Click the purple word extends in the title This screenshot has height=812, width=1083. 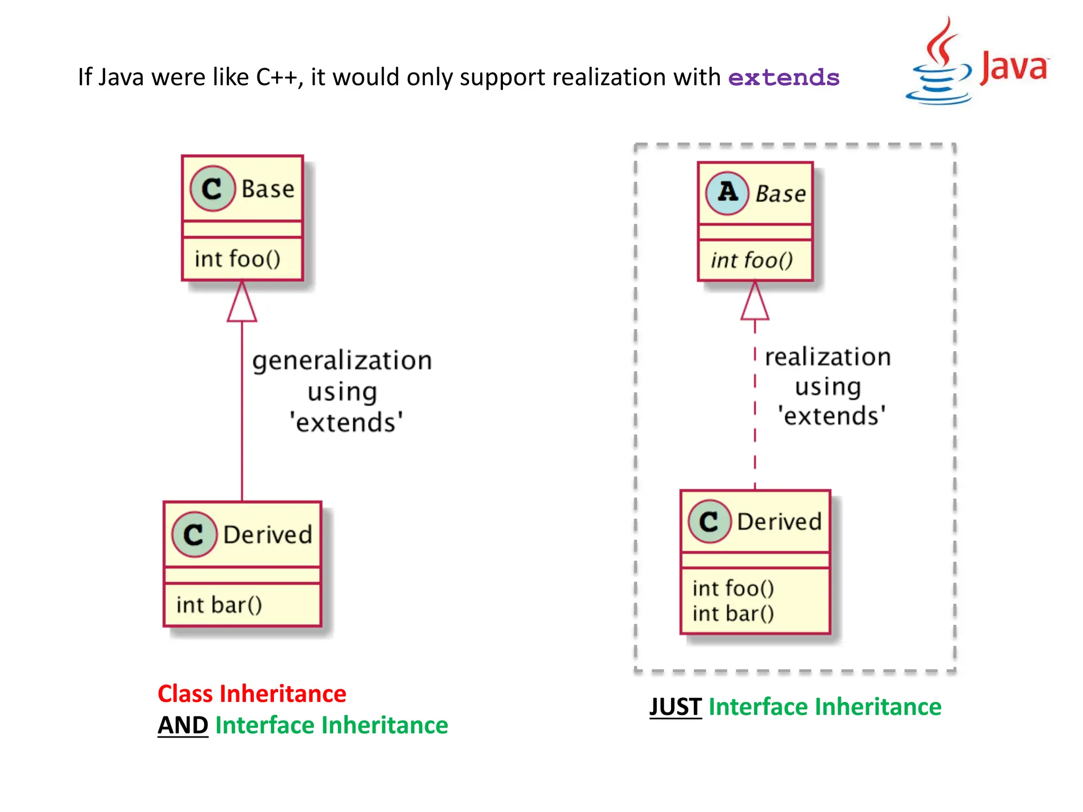coord(783,78)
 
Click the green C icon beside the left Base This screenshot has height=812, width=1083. coord(212,189)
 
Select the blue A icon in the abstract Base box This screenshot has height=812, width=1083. coord(727,193)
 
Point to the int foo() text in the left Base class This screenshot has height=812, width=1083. coord(237,259)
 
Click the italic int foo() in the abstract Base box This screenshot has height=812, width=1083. coord(751,260)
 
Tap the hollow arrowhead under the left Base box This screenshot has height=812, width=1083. coord(242,304)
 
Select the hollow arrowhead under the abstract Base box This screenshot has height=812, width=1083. coord(755,303)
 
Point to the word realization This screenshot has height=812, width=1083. coord(828,357)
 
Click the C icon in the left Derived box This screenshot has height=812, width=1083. coord(194,534)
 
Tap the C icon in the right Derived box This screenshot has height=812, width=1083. coord(709,522)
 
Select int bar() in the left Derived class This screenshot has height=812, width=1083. coord(219,605)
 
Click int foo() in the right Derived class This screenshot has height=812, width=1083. coord(733,588)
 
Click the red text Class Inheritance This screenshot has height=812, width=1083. coord(252,694)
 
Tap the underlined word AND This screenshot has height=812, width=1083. coord(183,725)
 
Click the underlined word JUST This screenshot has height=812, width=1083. coord(675,707)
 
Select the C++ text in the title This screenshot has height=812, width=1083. coord(277,78)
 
